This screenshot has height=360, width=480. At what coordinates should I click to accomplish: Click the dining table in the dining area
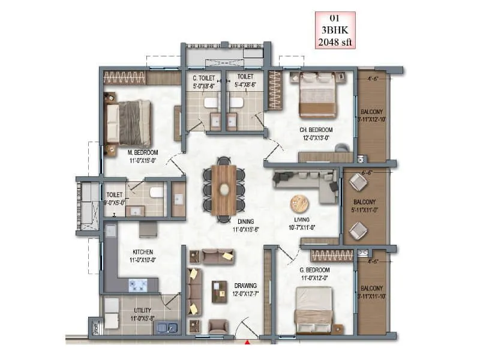224,189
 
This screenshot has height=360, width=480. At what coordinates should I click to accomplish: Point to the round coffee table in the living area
299,203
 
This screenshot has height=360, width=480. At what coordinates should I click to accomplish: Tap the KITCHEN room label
143,251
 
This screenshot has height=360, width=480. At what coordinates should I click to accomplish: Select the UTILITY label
143,311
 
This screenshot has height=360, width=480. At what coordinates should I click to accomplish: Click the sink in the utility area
164,328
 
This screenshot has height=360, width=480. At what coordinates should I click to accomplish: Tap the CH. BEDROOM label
316,130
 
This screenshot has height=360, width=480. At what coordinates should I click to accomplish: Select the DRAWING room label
245,286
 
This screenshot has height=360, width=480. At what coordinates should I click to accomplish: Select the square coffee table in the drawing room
220,292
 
